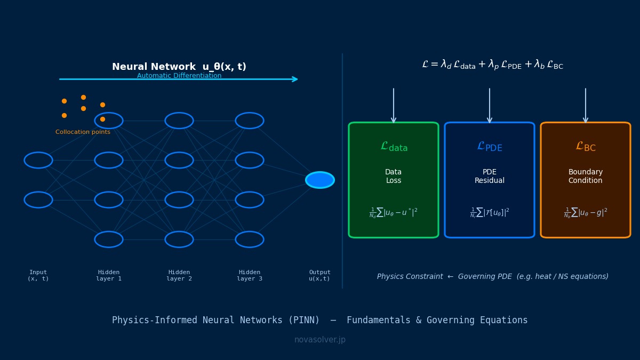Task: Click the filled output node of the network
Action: pyautogui.click(x=320, y=180)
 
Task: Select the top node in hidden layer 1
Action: pyautogui.click(x=109, y=121)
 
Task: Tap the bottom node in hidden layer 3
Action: pyautogui.click(x=250, y=239)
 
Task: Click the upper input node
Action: pyautogui.click(x=38, y=160)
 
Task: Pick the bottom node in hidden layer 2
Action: pyautogui.click(x=179, y=239)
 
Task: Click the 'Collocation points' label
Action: pyautogui.click(x=83, y=132)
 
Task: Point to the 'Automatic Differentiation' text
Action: pyautogui.click(x=179, y=76)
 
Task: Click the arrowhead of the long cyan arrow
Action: pyautogui.click(x=295, y=79)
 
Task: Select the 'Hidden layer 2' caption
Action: pyautogui.click(x=179, y=275)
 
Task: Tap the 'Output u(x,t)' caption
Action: pyautogui.click(x=320, y=275)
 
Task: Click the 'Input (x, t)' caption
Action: pyautogui.click(x=38, y=275)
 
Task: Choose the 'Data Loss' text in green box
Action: pyautogui.click(x=394, y=177)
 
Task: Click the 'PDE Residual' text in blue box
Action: pyautogui.click(x=490, y=177)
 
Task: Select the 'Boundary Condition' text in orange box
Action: pyautogui.click(x=586, y=177)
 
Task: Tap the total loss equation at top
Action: pyautogui.click(x=492, y=65)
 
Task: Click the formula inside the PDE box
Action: pyautogui.click(x=490, y=213)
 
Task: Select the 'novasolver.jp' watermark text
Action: pyautogui.click(x=320, y=340)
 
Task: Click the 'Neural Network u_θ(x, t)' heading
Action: pyautogui.click(x=179, y=67)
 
